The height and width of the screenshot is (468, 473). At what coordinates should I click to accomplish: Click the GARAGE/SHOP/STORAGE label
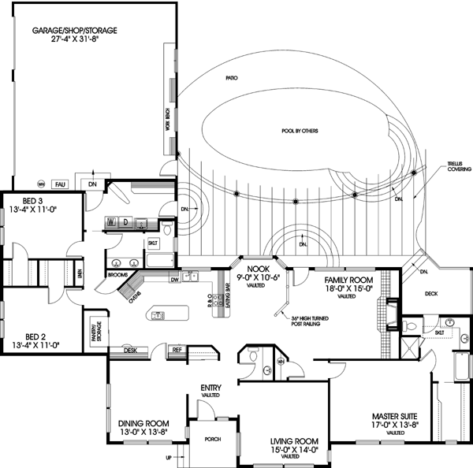(x=74, y=31)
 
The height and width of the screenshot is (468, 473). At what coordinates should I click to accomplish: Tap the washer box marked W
(x=112, y=221)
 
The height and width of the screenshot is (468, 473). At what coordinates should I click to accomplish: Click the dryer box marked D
(x=125, y=221)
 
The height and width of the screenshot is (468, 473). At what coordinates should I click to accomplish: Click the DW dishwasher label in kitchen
(x=173, y=279)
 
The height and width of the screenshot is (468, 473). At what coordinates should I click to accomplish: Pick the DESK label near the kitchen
(x=128, y=351)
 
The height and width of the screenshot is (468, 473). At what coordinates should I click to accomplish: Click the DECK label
(x=430, y=293)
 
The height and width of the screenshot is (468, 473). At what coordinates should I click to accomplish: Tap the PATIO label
(x=231, y=78)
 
